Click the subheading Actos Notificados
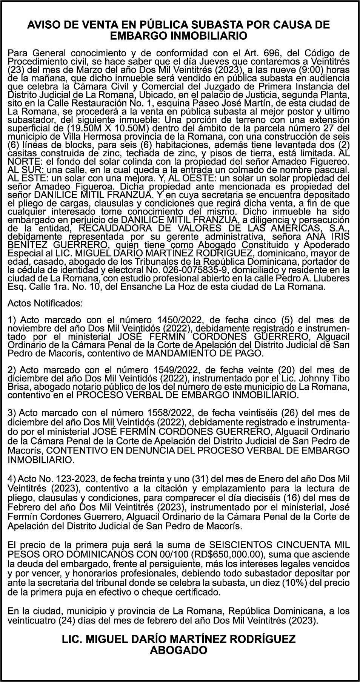(45, 303)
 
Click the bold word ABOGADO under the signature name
(179, 650)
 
